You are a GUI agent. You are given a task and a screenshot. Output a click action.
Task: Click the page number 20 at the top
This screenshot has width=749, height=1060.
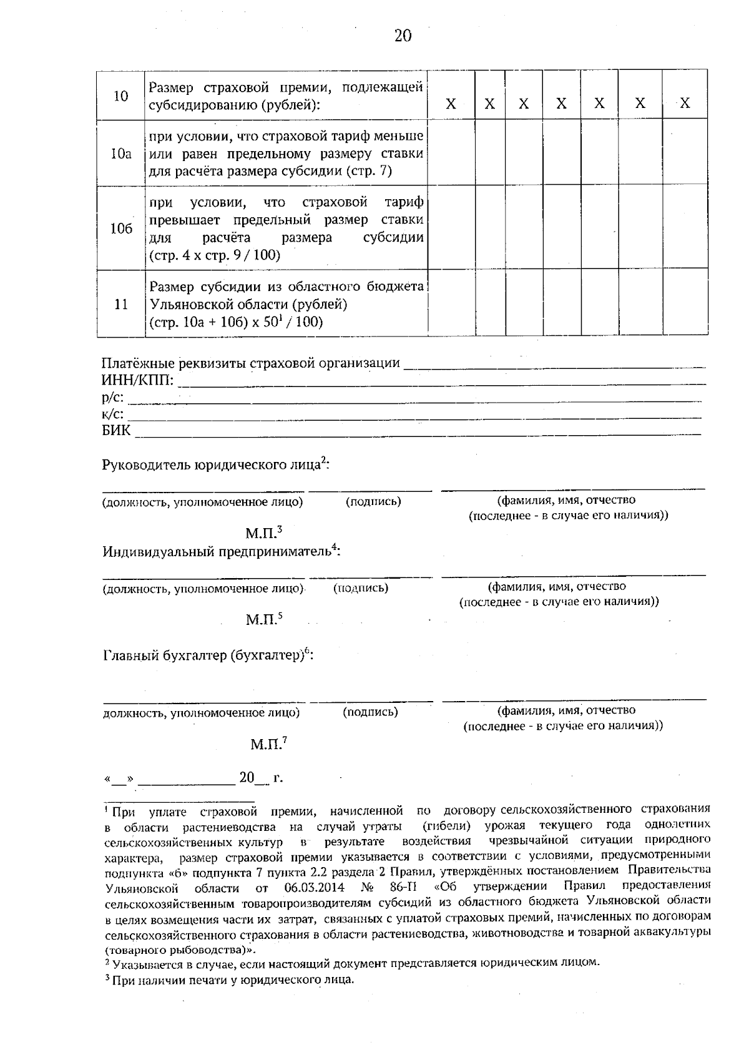(x=403, y=36)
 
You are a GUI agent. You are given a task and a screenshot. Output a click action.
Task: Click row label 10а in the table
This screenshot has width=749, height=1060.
(x=121, y=154)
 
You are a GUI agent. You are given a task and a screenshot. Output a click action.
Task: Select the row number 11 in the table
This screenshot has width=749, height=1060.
(x=121, y=305)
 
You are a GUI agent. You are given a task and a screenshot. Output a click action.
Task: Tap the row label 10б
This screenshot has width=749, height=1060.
(x=121, y=228)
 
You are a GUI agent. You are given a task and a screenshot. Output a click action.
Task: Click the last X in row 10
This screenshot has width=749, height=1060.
(x=685, y=104)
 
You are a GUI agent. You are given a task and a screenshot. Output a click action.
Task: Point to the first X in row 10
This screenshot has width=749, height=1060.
(x=451, y=104)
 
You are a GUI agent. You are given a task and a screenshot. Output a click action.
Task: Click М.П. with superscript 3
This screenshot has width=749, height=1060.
(x=263, y=534)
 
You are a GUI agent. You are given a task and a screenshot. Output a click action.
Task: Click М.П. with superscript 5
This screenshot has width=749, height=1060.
(x=263, y=620)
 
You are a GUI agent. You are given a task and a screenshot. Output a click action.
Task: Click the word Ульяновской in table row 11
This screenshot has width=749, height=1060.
(x=188, y=305)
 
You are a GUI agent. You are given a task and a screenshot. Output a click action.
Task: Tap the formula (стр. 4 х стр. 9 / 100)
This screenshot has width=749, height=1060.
(x=215, y=255)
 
